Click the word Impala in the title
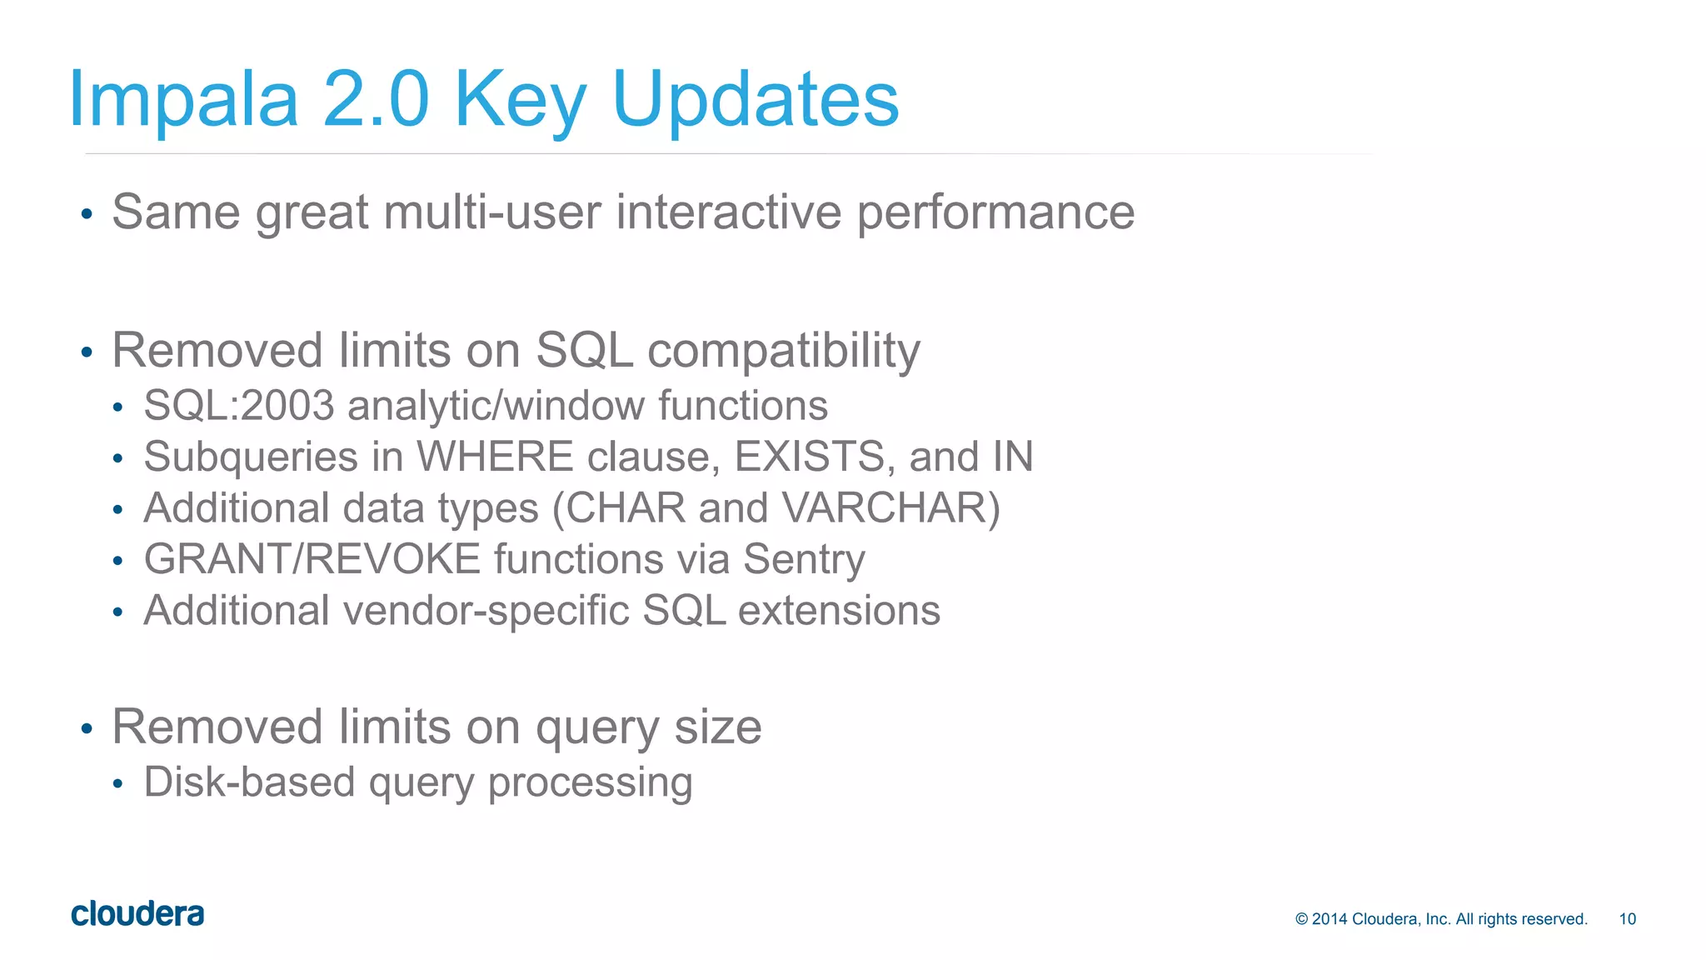183,100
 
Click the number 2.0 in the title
376,100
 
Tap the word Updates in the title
755,100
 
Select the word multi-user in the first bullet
492,212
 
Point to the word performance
995,213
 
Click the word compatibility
783,351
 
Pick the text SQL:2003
238,406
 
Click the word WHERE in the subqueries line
495,457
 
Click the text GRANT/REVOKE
312,559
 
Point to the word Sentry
804,560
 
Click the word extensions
839,611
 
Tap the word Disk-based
249,782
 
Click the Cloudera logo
137,914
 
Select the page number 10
1627,919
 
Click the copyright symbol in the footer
1302,919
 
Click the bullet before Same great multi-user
87,215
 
